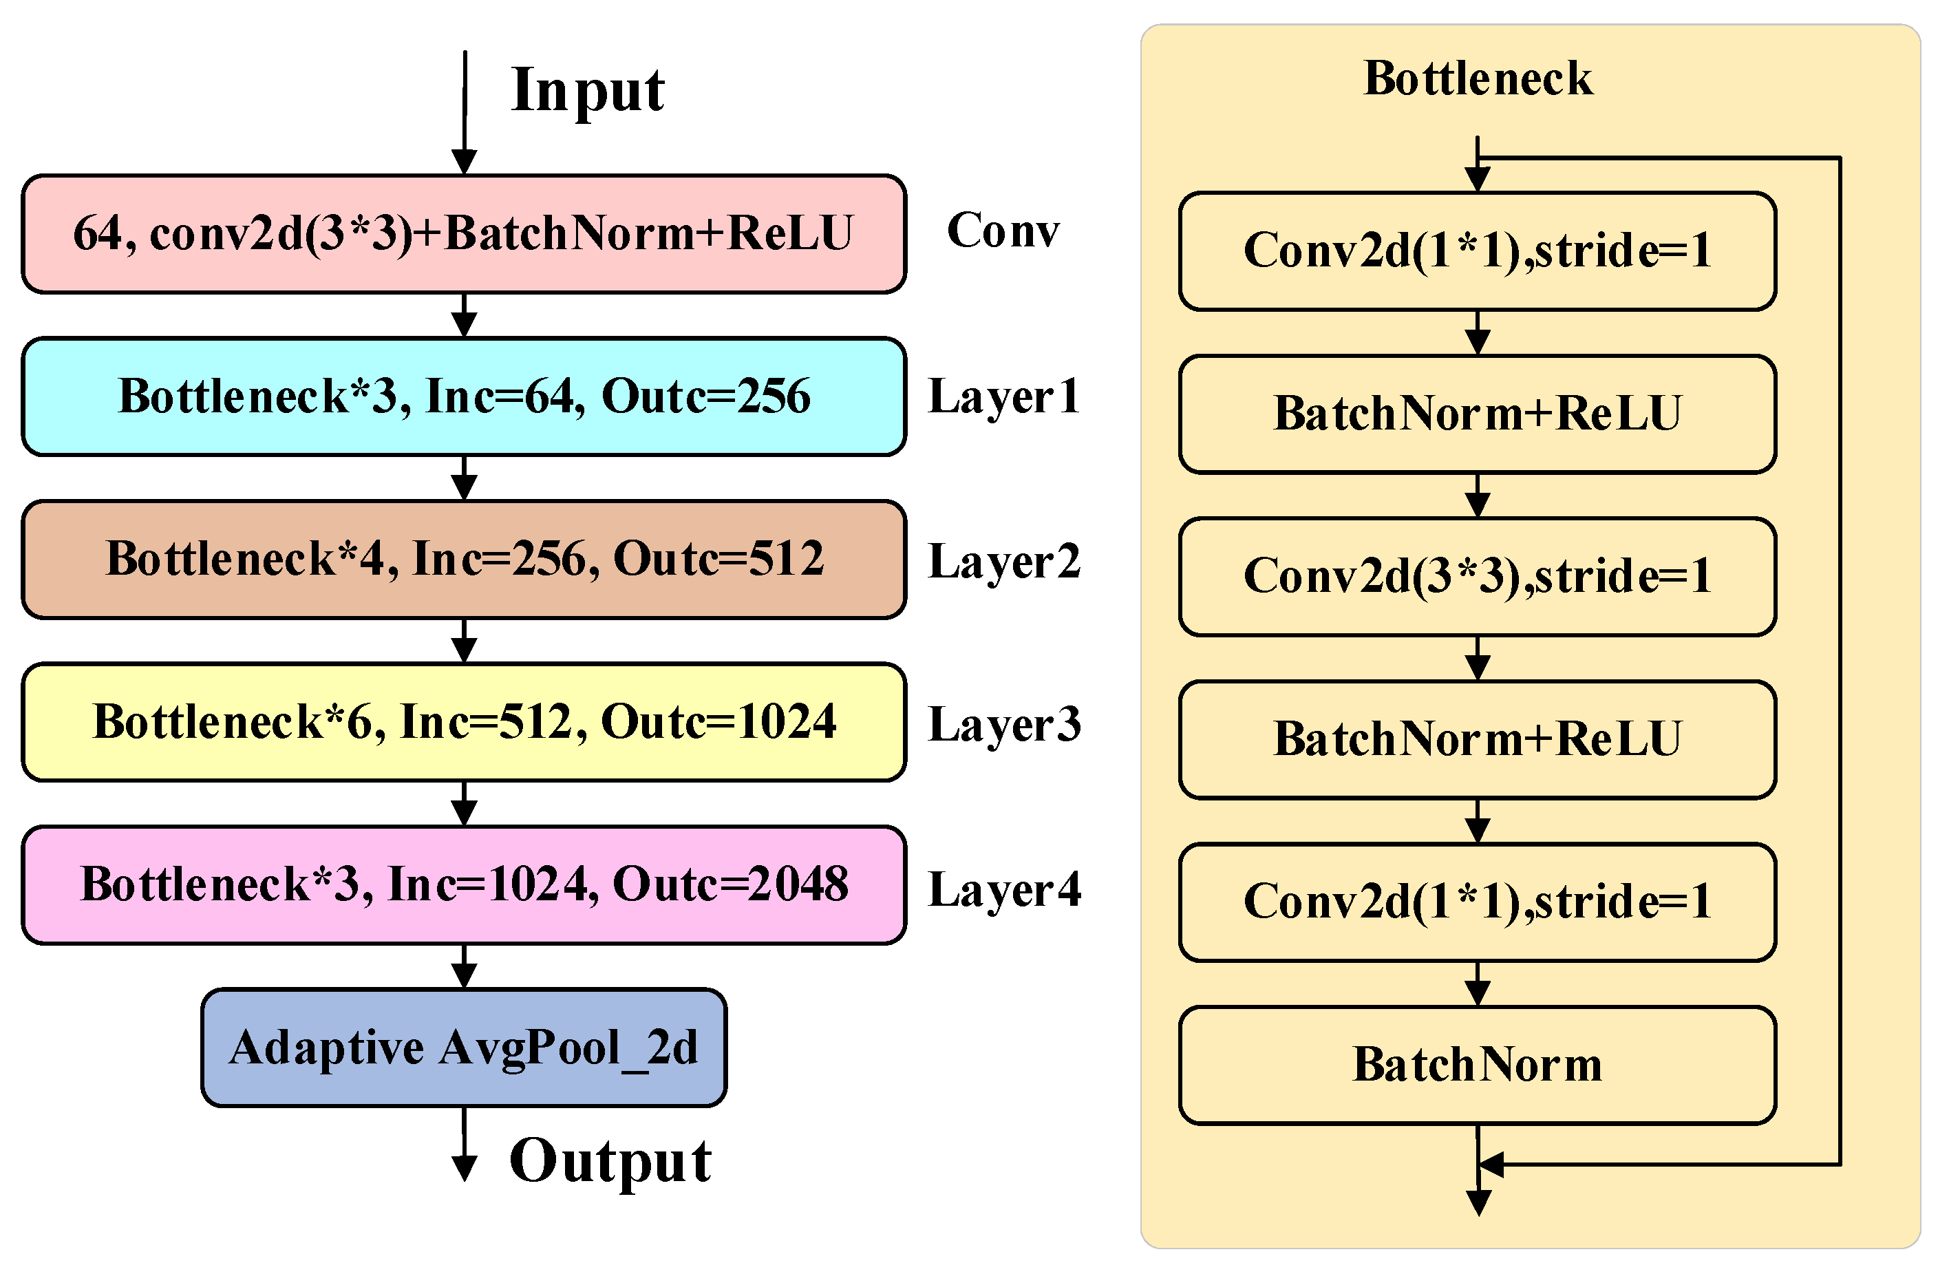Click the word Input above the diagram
click(586, 90)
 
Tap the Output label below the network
click(610, 1161)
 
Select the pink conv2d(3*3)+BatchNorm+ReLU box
click(463, 234)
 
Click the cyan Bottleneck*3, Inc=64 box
click(463, 396)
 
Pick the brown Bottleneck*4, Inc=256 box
click(463, 559)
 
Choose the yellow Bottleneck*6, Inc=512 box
click(463, 722)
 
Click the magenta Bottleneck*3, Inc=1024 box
click(463, 885)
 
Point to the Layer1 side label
click(1004, 398)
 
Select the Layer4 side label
click(1004, 889)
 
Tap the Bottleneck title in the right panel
click(1478, 79)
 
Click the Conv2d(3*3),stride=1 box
click(1478, 576)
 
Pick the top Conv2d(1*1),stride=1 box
click(1478, 251)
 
